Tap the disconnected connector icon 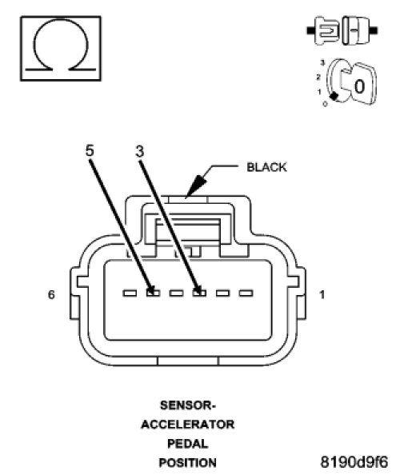342,30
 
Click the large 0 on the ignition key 359,86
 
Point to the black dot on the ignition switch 334,96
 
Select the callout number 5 90,150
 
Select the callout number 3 140,151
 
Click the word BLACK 266,167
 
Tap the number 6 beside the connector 51,294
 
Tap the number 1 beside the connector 322,294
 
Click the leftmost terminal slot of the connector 130,293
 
